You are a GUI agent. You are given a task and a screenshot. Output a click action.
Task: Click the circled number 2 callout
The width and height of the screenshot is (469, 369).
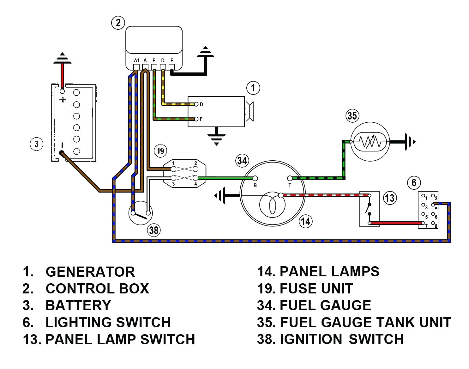pos(118,23)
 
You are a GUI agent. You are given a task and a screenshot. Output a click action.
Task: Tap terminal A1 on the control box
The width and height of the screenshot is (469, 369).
pos(136,67)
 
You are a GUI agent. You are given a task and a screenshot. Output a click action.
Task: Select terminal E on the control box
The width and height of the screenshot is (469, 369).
pos(172,67)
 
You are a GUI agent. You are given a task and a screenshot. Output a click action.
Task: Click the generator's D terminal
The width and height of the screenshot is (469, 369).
pos(196,104)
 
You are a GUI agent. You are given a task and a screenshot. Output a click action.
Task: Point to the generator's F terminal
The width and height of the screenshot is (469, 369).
pos(196,119)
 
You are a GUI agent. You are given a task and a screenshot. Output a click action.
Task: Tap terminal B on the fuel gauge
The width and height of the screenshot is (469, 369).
pos(255,178)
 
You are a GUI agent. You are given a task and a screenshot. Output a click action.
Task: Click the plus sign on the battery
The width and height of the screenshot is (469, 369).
pos(63,100)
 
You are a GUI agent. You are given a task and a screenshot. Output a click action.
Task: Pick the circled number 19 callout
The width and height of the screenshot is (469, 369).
pos(161,151)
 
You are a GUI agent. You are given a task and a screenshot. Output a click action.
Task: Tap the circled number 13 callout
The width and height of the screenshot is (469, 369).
pos(390,198)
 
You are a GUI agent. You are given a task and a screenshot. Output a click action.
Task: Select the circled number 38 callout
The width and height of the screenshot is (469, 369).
pos(154,230)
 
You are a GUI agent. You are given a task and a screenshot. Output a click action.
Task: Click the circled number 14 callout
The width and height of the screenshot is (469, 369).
pos(305,221)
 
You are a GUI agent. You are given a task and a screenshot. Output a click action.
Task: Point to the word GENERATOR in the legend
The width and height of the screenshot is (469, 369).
pos(90,272)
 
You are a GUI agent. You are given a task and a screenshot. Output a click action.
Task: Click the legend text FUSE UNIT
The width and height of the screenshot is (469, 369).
pos(316,288)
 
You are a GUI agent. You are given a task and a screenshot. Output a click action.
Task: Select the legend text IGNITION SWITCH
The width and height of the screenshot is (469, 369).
pos(342,339)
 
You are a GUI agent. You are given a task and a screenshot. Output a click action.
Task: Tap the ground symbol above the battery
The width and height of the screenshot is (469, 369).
pos(63,58)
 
